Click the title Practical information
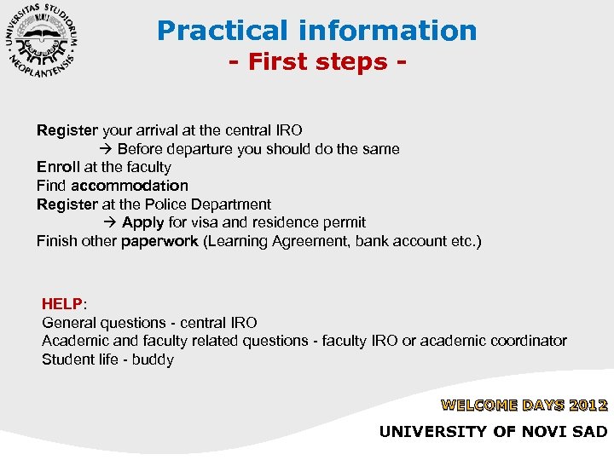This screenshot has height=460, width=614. [x=316, y=31]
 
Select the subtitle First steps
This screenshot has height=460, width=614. [x=316, y=63]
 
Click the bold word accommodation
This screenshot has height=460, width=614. [x=130, y=186]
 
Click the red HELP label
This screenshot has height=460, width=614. [x=62, y=304]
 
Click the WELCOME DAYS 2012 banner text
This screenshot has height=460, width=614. [x=524, y=405]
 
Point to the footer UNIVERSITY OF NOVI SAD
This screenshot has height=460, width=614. [x=494, y=432]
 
